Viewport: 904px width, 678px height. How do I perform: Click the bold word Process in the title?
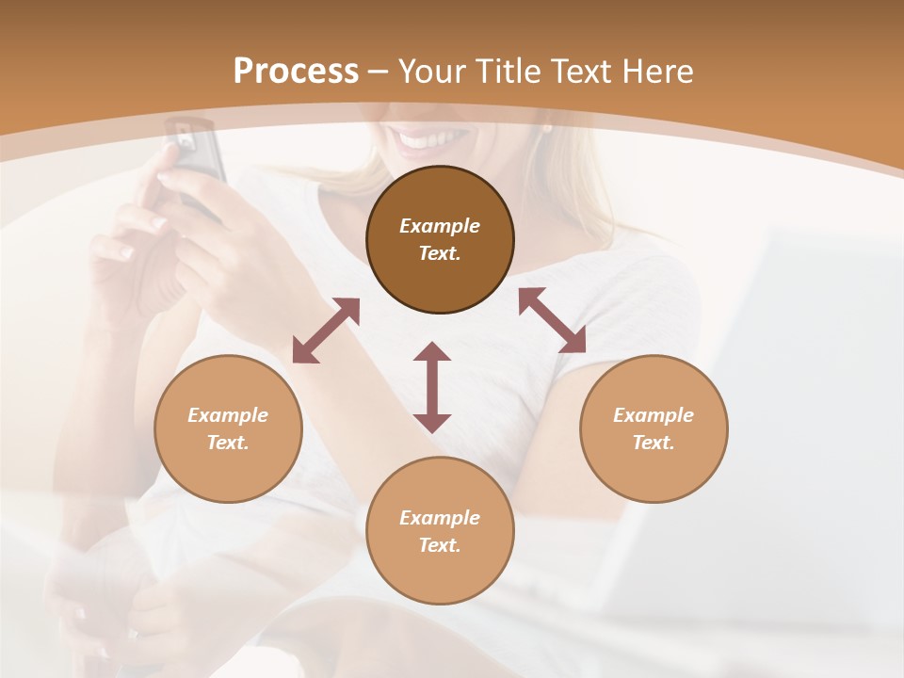(x=296, y=72)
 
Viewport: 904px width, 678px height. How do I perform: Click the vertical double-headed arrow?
(x=432, y=387)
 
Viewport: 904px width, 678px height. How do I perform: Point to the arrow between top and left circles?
(x=326, y=331)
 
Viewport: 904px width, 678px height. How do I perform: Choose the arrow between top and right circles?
(x=552, y=320)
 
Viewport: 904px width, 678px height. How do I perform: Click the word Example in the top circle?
(x=440, y=226)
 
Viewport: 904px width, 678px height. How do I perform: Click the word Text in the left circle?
(x=228, y=443)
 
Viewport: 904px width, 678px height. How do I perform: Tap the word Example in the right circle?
(x=654, y=415)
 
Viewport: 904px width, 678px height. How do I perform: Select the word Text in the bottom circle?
(x=440, y=545)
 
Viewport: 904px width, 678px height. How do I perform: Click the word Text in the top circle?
(x=440, y=253)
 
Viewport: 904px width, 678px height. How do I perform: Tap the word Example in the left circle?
(x=228, y=415)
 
